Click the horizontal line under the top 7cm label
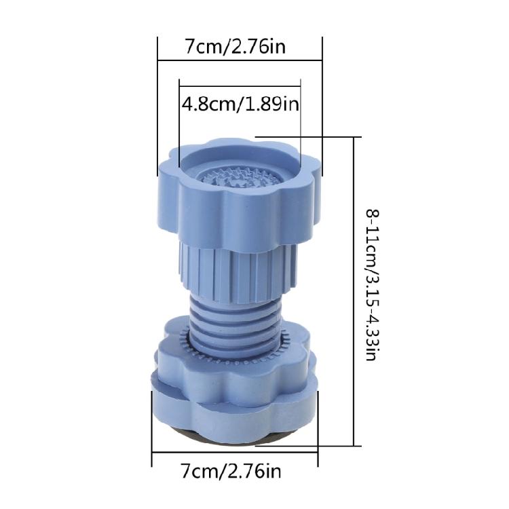tap(240, 60)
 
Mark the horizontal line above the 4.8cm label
tap(240, 86)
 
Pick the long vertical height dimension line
tap(355, 292)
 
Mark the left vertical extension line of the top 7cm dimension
tap(157, 102)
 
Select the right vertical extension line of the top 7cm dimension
tap(322, 102)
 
